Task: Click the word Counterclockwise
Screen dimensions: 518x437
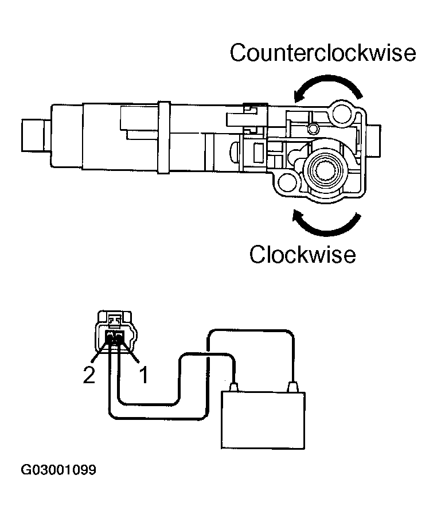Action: pyautogui.click(x=323, y=53)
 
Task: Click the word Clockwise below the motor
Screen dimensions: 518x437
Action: pyautogui.click(x=302, y=254)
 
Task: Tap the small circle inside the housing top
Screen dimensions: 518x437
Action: pyautogui.click(x=313, y=126)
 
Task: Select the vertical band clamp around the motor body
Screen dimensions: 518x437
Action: pyautogui.click(x=163, y=137)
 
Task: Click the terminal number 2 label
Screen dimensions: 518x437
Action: pyautogui.click(x=89, y=376)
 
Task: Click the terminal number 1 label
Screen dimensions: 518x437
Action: pyautogui.click(x=143, y=376)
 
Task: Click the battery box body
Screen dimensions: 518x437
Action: pyautogui.click(x=263, y=419)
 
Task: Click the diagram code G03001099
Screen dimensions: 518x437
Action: pyautogui.click(x=58, y=470)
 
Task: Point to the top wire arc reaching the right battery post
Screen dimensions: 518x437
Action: pyautogui.click(x=252, y=331)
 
